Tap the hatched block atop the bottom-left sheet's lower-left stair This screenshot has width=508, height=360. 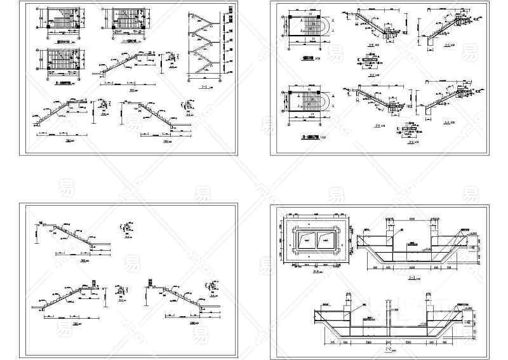(x=95, y=283)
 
